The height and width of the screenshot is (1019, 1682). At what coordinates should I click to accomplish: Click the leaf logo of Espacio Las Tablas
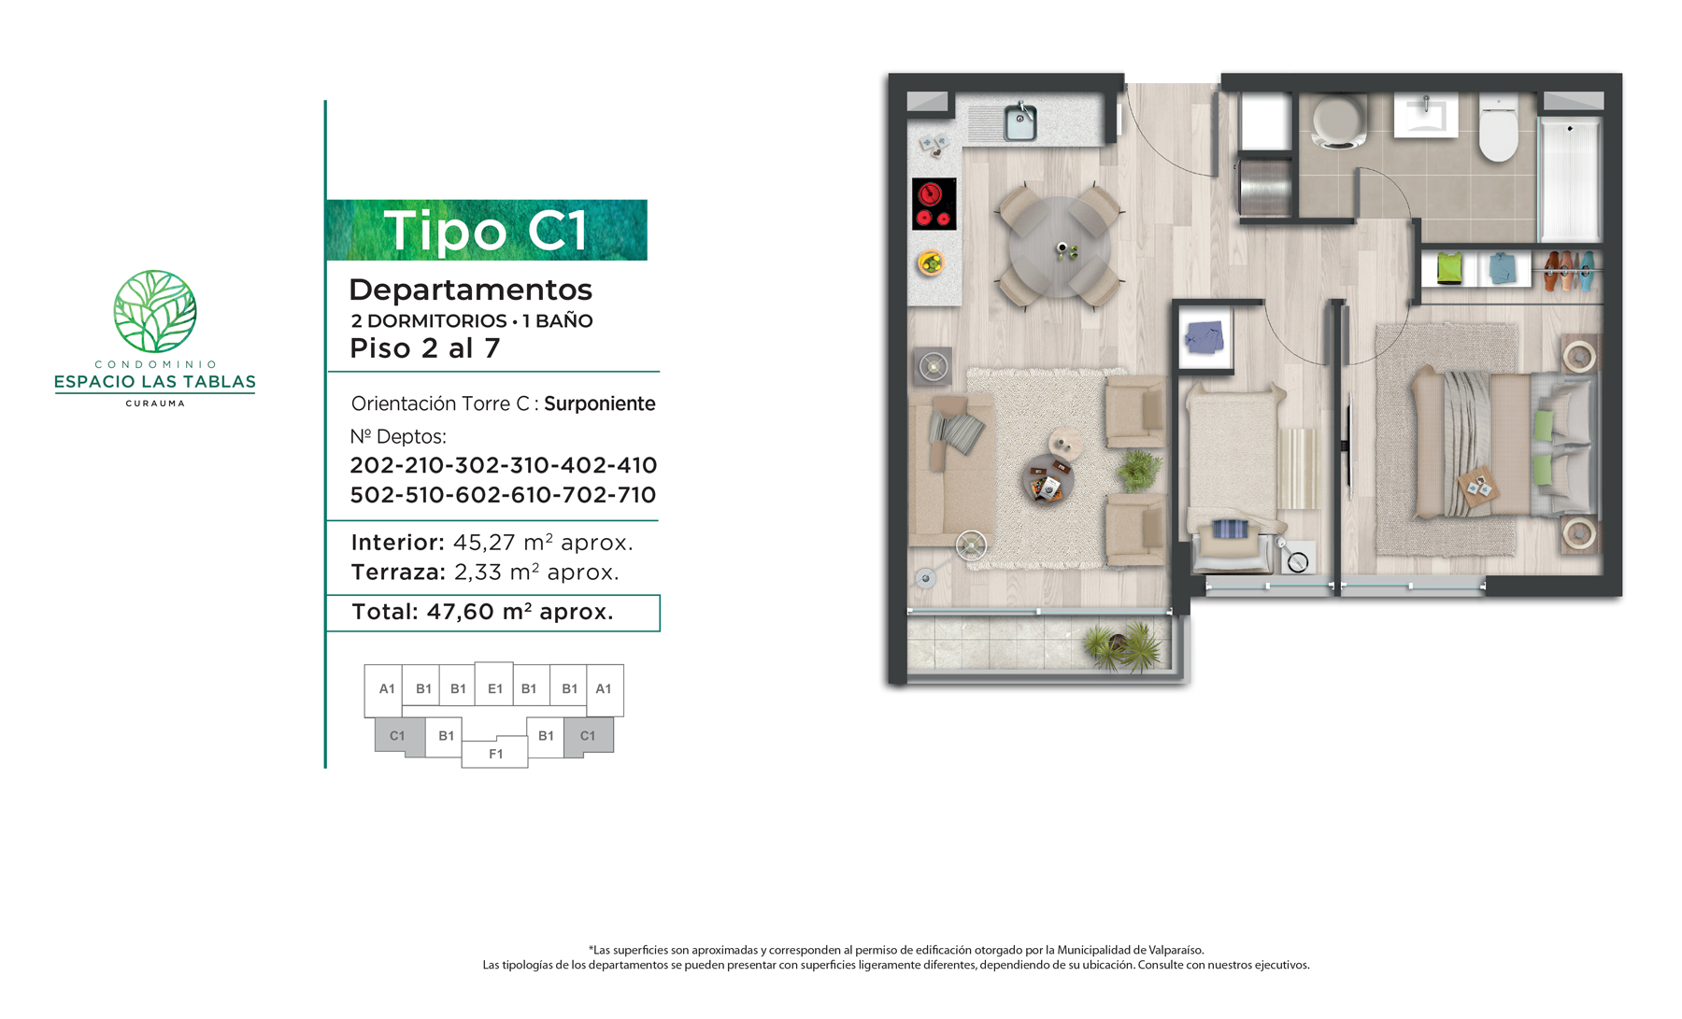155,311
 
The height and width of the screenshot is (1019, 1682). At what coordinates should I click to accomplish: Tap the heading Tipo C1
486,230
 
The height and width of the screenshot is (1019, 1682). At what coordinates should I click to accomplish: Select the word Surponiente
600,403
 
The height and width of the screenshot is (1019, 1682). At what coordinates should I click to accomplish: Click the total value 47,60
460,612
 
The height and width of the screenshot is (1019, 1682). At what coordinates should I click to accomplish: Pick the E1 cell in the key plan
494,688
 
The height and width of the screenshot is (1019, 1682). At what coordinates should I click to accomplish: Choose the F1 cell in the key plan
495,754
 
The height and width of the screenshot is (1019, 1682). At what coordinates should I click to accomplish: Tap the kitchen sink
1020,122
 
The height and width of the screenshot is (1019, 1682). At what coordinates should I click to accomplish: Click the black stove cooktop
934,204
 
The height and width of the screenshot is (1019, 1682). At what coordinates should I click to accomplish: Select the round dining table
1059,247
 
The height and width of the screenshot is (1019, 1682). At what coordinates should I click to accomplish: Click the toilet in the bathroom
1499,129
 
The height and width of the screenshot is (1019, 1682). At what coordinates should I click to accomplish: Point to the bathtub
1570,178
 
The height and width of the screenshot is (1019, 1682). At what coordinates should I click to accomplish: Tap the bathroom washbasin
1426,115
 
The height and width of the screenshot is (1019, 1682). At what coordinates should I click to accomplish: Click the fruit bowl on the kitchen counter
930,263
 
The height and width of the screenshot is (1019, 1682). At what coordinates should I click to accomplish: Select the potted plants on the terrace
1124,645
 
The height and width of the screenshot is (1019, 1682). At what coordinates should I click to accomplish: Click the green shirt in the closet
1449,268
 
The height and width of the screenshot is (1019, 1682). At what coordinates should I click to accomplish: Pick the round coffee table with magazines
1048,479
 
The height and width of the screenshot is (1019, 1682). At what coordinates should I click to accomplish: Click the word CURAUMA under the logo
155,403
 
